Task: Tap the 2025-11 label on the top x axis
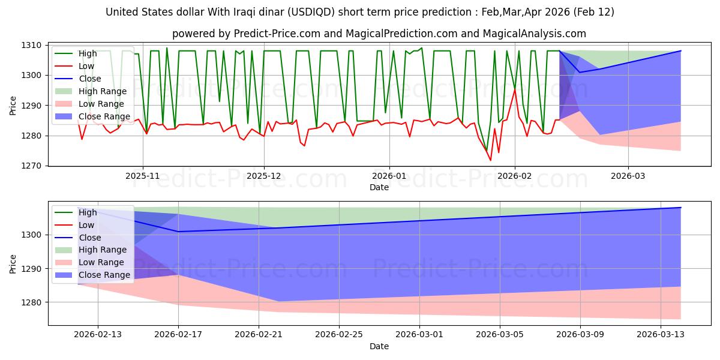[142, 176]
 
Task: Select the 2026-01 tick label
[389, 176]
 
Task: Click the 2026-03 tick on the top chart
[628, 176]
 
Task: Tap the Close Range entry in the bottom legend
[104, 275]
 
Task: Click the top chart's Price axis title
[13, 105]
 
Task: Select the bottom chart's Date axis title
[379, 346]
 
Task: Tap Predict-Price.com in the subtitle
[258, 34]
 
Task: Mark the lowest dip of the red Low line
[490, 160]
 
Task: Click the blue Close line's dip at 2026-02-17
[178, 232]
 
